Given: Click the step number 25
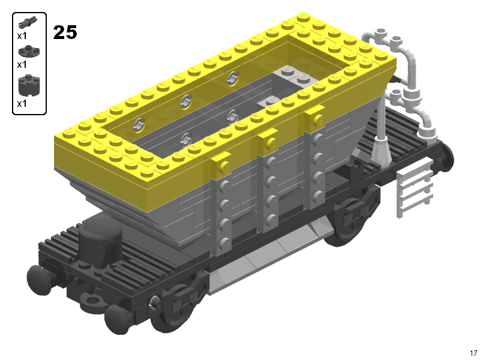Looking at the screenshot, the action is click(65, 32).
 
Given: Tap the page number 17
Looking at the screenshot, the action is click(473, 353).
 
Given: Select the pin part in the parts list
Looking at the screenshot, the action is click(28, 22).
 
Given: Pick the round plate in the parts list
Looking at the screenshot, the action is click(28, 51).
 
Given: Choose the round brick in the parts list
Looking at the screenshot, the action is click(29, 85).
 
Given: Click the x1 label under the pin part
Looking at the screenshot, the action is click(22, 36).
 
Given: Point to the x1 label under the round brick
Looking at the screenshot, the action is click(22, 104).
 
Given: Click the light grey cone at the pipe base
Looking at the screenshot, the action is click(381, 150).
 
